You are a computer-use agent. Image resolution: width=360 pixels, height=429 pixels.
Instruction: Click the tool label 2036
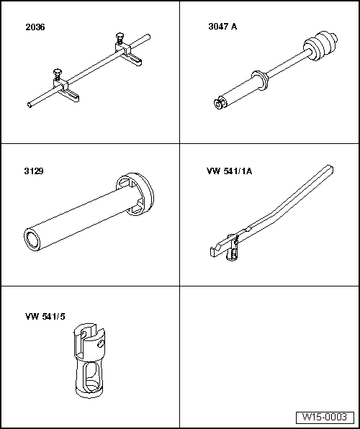tap(34, 27)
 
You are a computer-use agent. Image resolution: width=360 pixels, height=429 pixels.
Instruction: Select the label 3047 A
tap(222, 27)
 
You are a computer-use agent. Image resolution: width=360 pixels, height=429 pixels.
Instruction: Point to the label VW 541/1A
tap(226, 171)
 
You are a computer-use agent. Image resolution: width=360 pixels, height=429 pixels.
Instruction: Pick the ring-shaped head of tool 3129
tap(135, 192)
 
